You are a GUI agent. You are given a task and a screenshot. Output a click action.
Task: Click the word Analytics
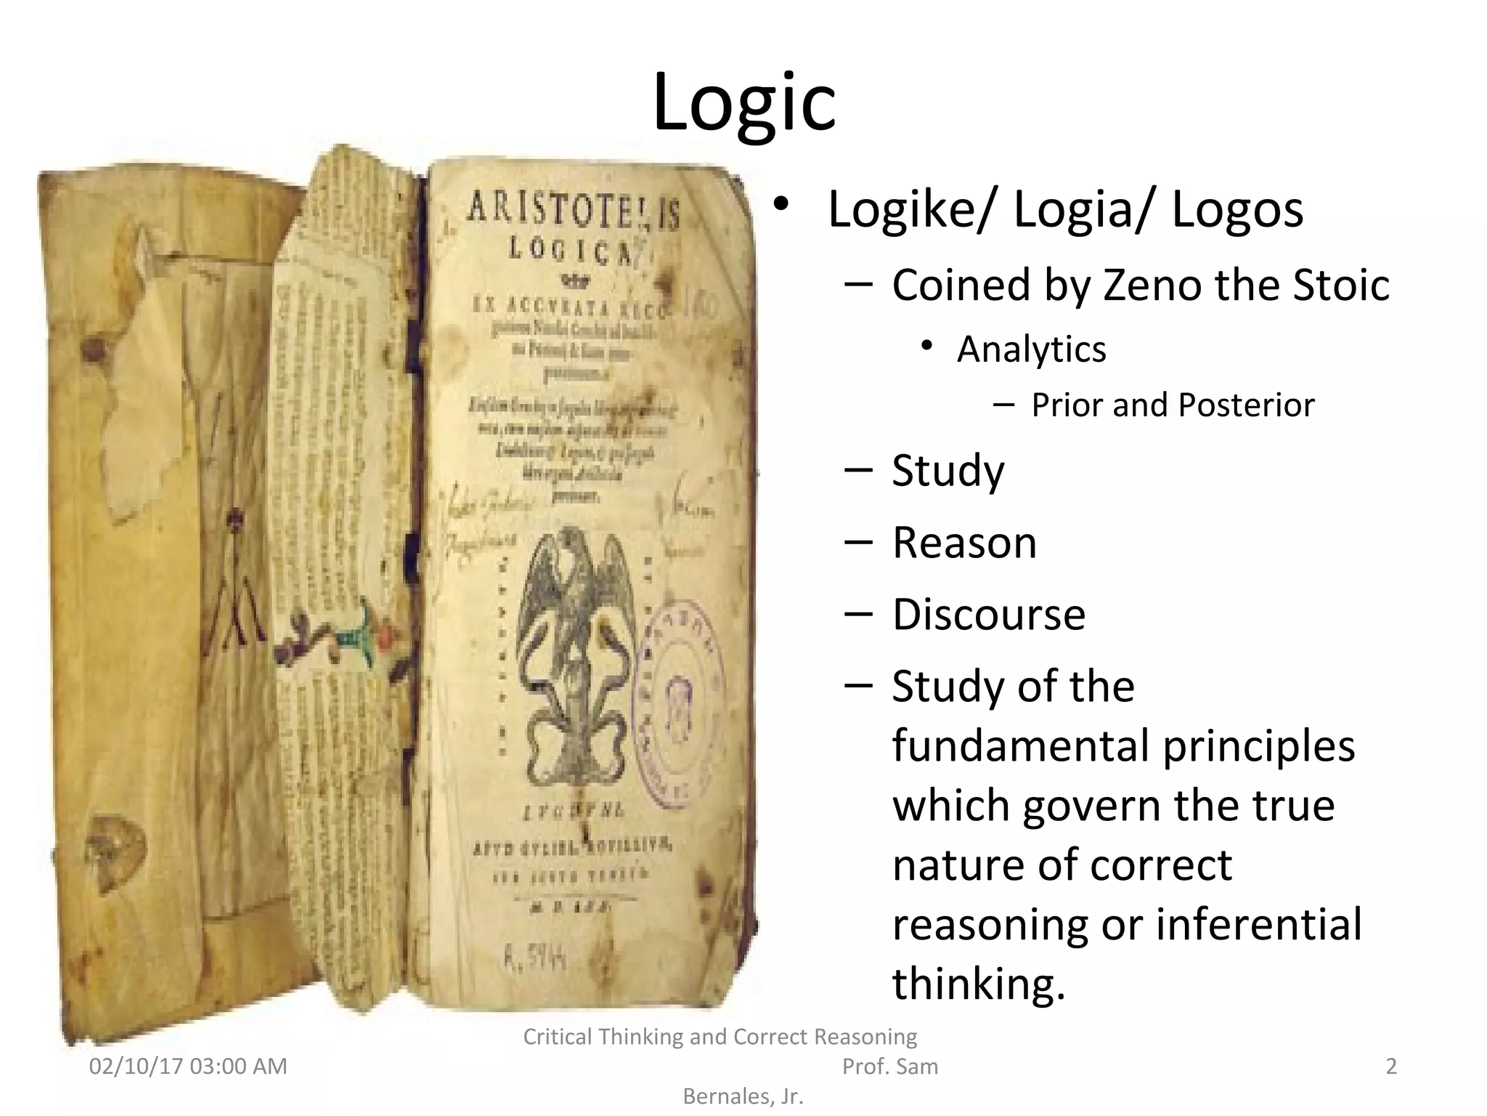point(1031,349)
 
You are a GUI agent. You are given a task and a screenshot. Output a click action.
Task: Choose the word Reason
point(964,543)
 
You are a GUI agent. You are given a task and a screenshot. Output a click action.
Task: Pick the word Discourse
point(988,615)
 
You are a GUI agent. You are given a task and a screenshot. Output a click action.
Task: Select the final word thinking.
point(978,984)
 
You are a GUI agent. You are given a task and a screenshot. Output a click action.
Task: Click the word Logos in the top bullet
point(1237,210)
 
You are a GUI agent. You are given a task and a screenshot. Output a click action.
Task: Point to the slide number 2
point(1391,1067)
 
